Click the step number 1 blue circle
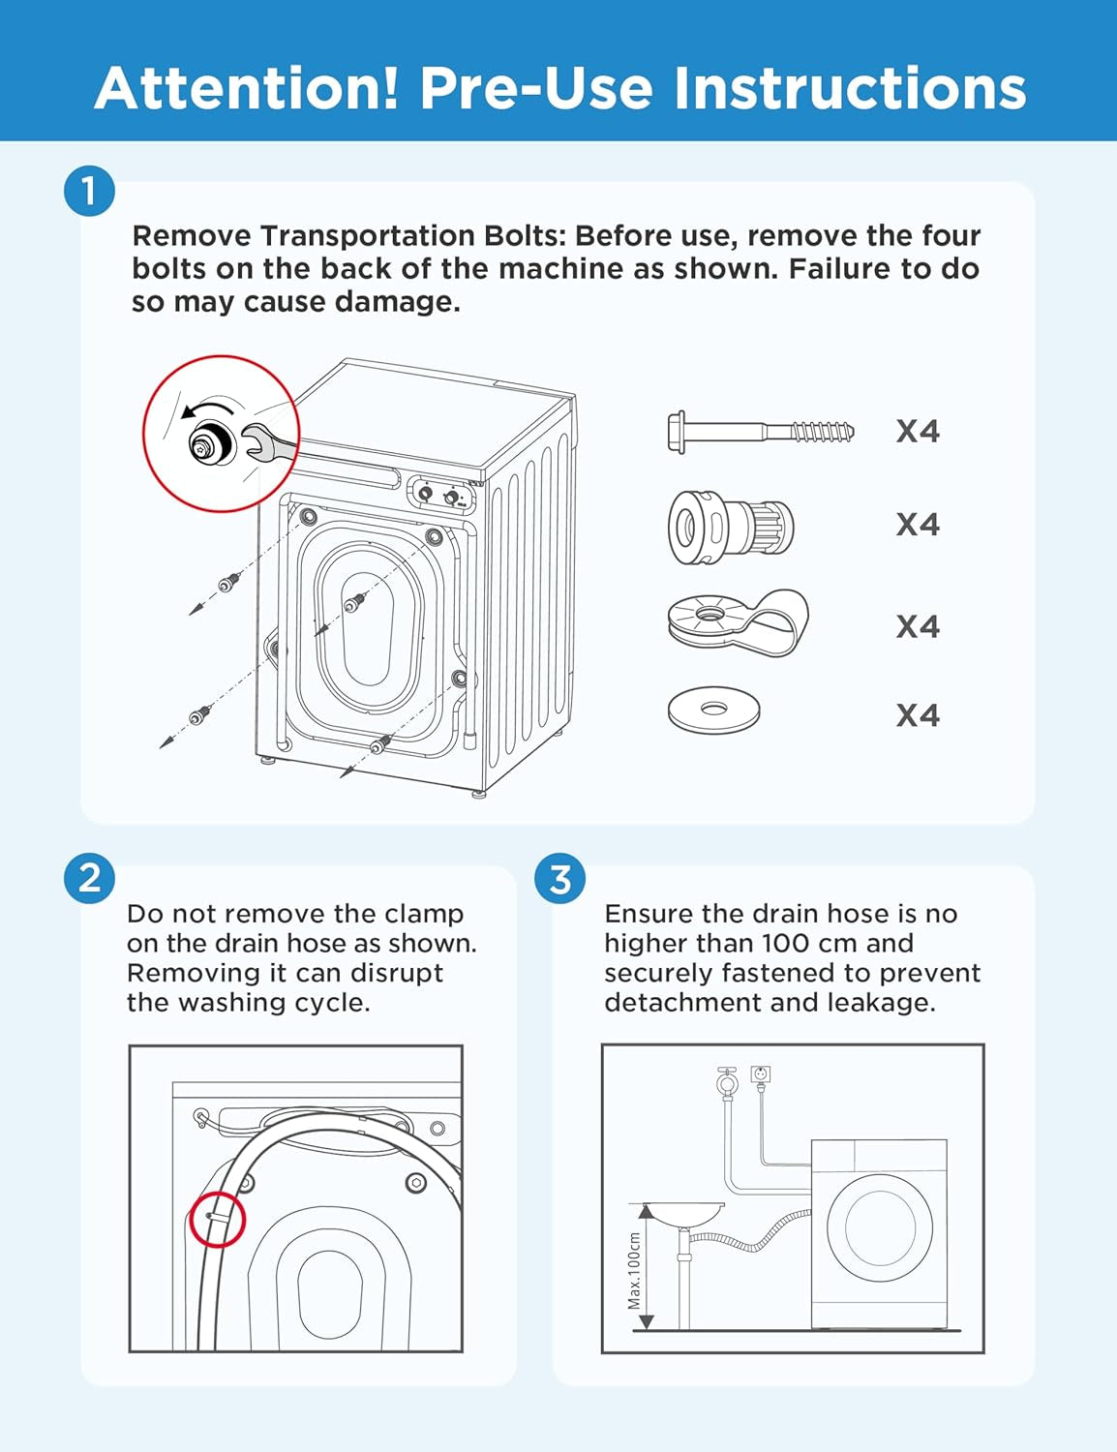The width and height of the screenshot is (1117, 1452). tap(89, 191)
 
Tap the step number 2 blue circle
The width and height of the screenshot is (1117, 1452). tap(89, 878)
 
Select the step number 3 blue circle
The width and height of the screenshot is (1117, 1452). tap(559, 878)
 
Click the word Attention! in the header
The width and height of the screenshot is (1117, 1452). tap(247, 88)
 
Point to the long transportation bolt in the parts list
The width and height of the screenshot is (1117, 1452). tap(761, 431)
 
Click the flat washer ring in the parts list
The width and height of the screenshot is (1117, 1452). tap(713, 711)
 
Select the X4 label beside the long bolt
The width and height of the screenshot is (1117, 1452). tap(917, 431)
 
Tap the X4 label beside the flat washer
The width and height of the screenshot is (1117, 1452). tap(917, 715)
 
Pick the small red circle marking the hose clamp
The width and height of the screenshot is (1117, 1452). tap(217, 1220)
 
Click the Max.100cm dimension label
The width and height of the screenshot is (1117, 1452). tap(635, 1270)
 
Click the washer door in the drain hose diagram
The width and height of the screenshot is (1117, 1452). tap(879, 1226)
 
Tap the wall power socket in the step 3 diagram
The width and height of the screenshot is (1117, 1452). tap(761, 1074)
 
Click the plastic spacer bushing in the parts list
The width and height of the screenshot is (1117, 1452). tap(731, 527)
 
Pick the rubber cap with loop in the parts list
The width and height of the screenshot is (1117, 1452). tap(738, 622)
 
